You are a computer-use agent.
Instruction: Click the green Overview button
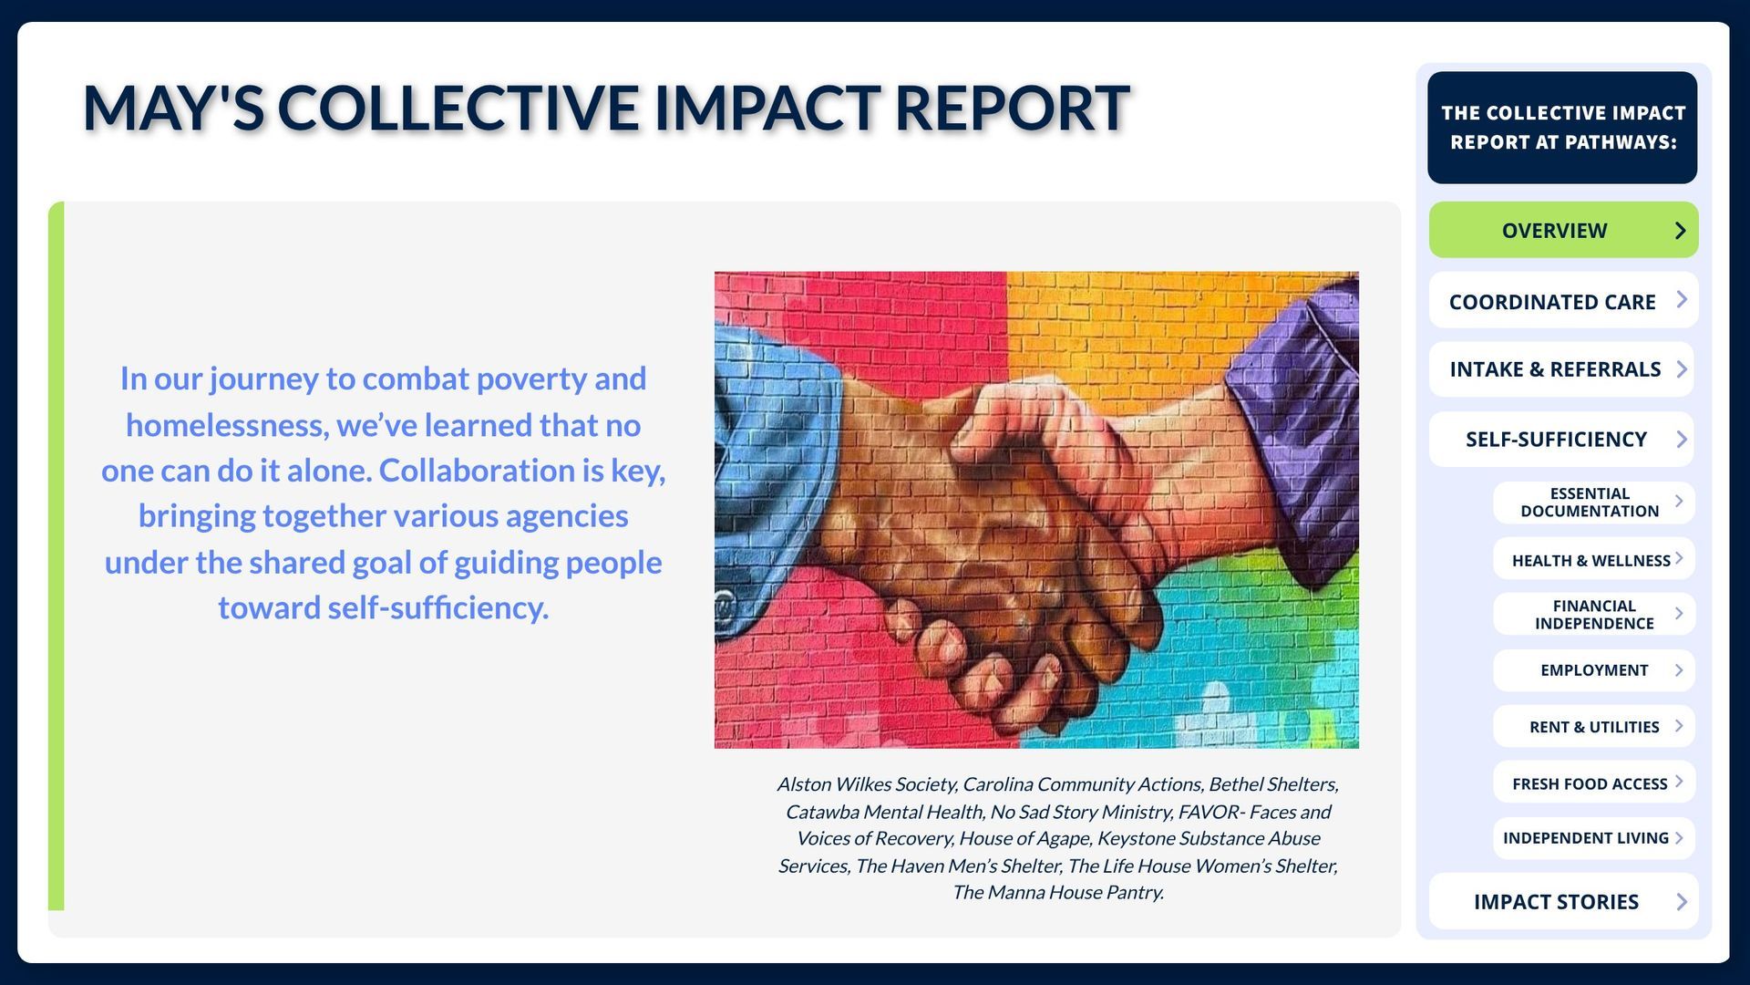coord(1563,230)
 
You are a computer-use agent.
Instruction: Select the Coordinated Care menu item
coord(1563,300)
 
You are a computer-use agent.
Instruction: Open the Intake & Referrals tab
coord(1563,369)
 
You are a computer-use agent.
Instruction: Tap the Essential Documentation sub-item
coord(1594,503)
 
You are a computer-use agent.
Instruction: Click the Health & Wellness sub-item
coord(1594,559)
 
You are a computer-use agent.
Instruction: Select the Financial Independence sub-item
coord(1594,615)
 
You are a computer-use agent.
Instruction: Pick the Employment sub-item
coord(1594,670)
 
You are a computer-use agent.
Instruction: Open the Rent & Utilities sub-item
coord(1594,727)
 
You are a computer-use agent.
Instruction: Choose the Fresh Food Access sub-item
coord(1594,783)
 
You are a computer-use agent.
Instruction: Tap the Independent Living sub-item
coord(1594,838)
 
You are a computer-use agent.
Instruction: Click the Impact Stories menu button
coord(1563,901)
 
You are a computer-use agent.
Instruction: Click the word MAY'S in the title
coord(173,108)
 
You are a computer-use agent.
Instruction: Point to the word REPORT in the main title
coord(1012,108)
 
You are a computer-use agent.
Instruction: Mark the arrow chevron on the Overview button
coord(1681,231)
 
